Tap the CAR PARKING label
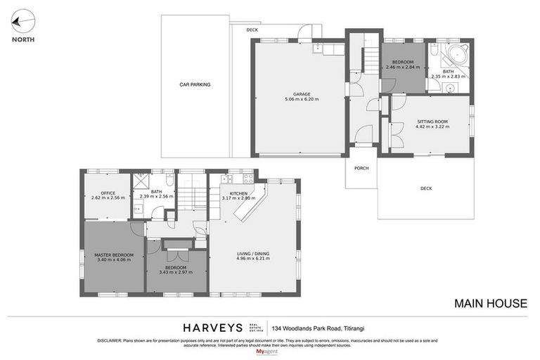point(195,85)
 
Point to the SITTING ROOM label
point(432,122)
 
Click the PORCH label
point(361,168)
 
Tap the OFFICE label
point(108,193)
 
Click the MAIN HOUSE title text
point(490,304)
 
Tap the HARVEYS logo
point(212,328)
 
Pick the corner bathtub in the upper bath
point(458,55)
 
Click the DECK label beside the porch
point(426,188)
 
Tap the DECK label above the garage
point(252,30)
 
